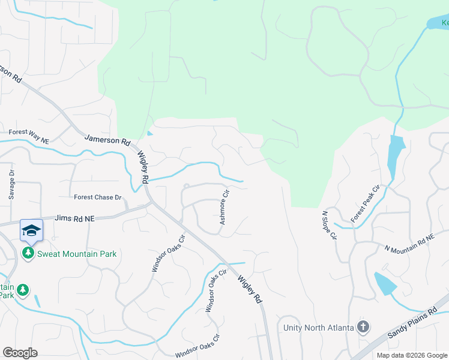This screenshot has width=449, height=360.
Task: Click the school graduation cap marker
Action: (31, 230)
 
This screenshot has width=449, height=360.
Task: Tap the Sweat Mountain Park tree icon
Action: (28, 254)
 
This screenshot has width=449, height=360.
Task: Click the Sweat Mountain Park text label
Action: (77, 254)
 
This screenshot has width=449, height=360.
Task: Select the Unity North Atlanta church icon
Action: (363, 328)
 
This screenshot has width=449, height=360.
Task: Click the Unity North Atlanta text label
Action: (318, 328)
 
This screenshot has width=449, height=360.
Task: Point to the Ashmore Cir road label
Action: (224, 208)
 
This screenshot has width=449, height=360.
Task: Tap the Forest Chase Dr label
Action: (97, 197)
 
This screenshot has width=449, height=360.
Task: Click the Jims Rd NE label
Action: (74, 220)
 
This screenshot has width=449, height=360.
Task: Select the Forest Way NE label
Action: (28, 132)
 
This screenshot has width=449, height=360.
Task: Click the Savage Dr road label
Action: (11, 184)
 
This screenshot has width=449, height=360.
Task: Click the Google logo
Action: (20, 353)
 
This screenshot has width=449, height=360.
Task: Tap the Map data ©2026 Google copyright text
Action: (411, 355)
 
